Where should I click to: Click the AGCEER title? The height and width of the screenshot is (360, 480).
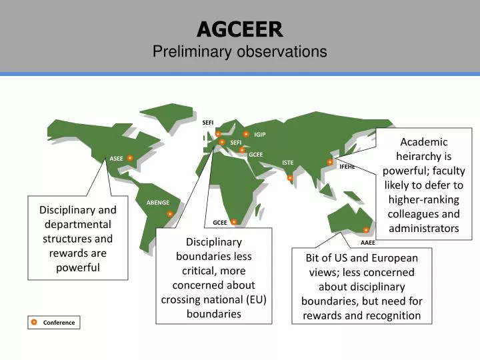(239, 29)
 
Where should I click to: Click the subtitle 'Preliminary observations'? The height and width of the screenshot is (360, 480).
(239, 51)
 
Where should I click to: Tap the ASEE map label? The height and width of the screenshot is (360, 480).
(117, 159)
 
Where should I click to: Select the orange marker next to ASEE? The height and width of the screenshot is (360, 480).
(131, 158)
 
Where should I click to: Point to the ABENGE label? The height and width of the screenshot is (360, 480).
(158, 203)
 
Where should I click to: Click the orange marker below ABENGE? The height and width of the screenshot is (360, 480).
(170, 214)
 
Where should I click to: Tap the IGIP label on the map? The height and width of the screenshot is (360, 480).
(260, 135)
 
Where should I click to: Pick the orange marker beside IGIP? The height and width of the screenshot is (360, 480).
(246, 134)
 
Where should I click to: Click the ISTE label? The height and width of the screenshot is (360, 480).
(287, 163)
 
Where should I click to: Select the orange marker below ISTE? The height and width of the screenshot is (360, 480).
(290, 178)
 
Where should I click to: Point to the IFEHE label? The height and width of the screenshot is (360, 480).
(347, 167)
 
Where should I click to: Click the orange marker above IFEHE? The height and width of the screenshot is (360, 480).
(330, 162)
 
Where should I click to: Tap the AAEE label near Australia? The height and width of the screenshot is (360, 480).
(368, 243)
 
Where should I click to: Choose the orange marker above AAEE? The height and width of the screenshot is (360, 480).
(366, 230)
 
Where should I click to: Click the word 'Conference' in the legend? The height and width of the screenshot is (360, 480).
(59, 323)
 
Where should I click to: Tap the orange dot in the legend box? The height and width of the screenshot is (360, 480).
(34, 323)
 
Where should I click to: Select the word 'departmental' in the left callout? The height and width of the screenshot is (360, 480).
(77, 225)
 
